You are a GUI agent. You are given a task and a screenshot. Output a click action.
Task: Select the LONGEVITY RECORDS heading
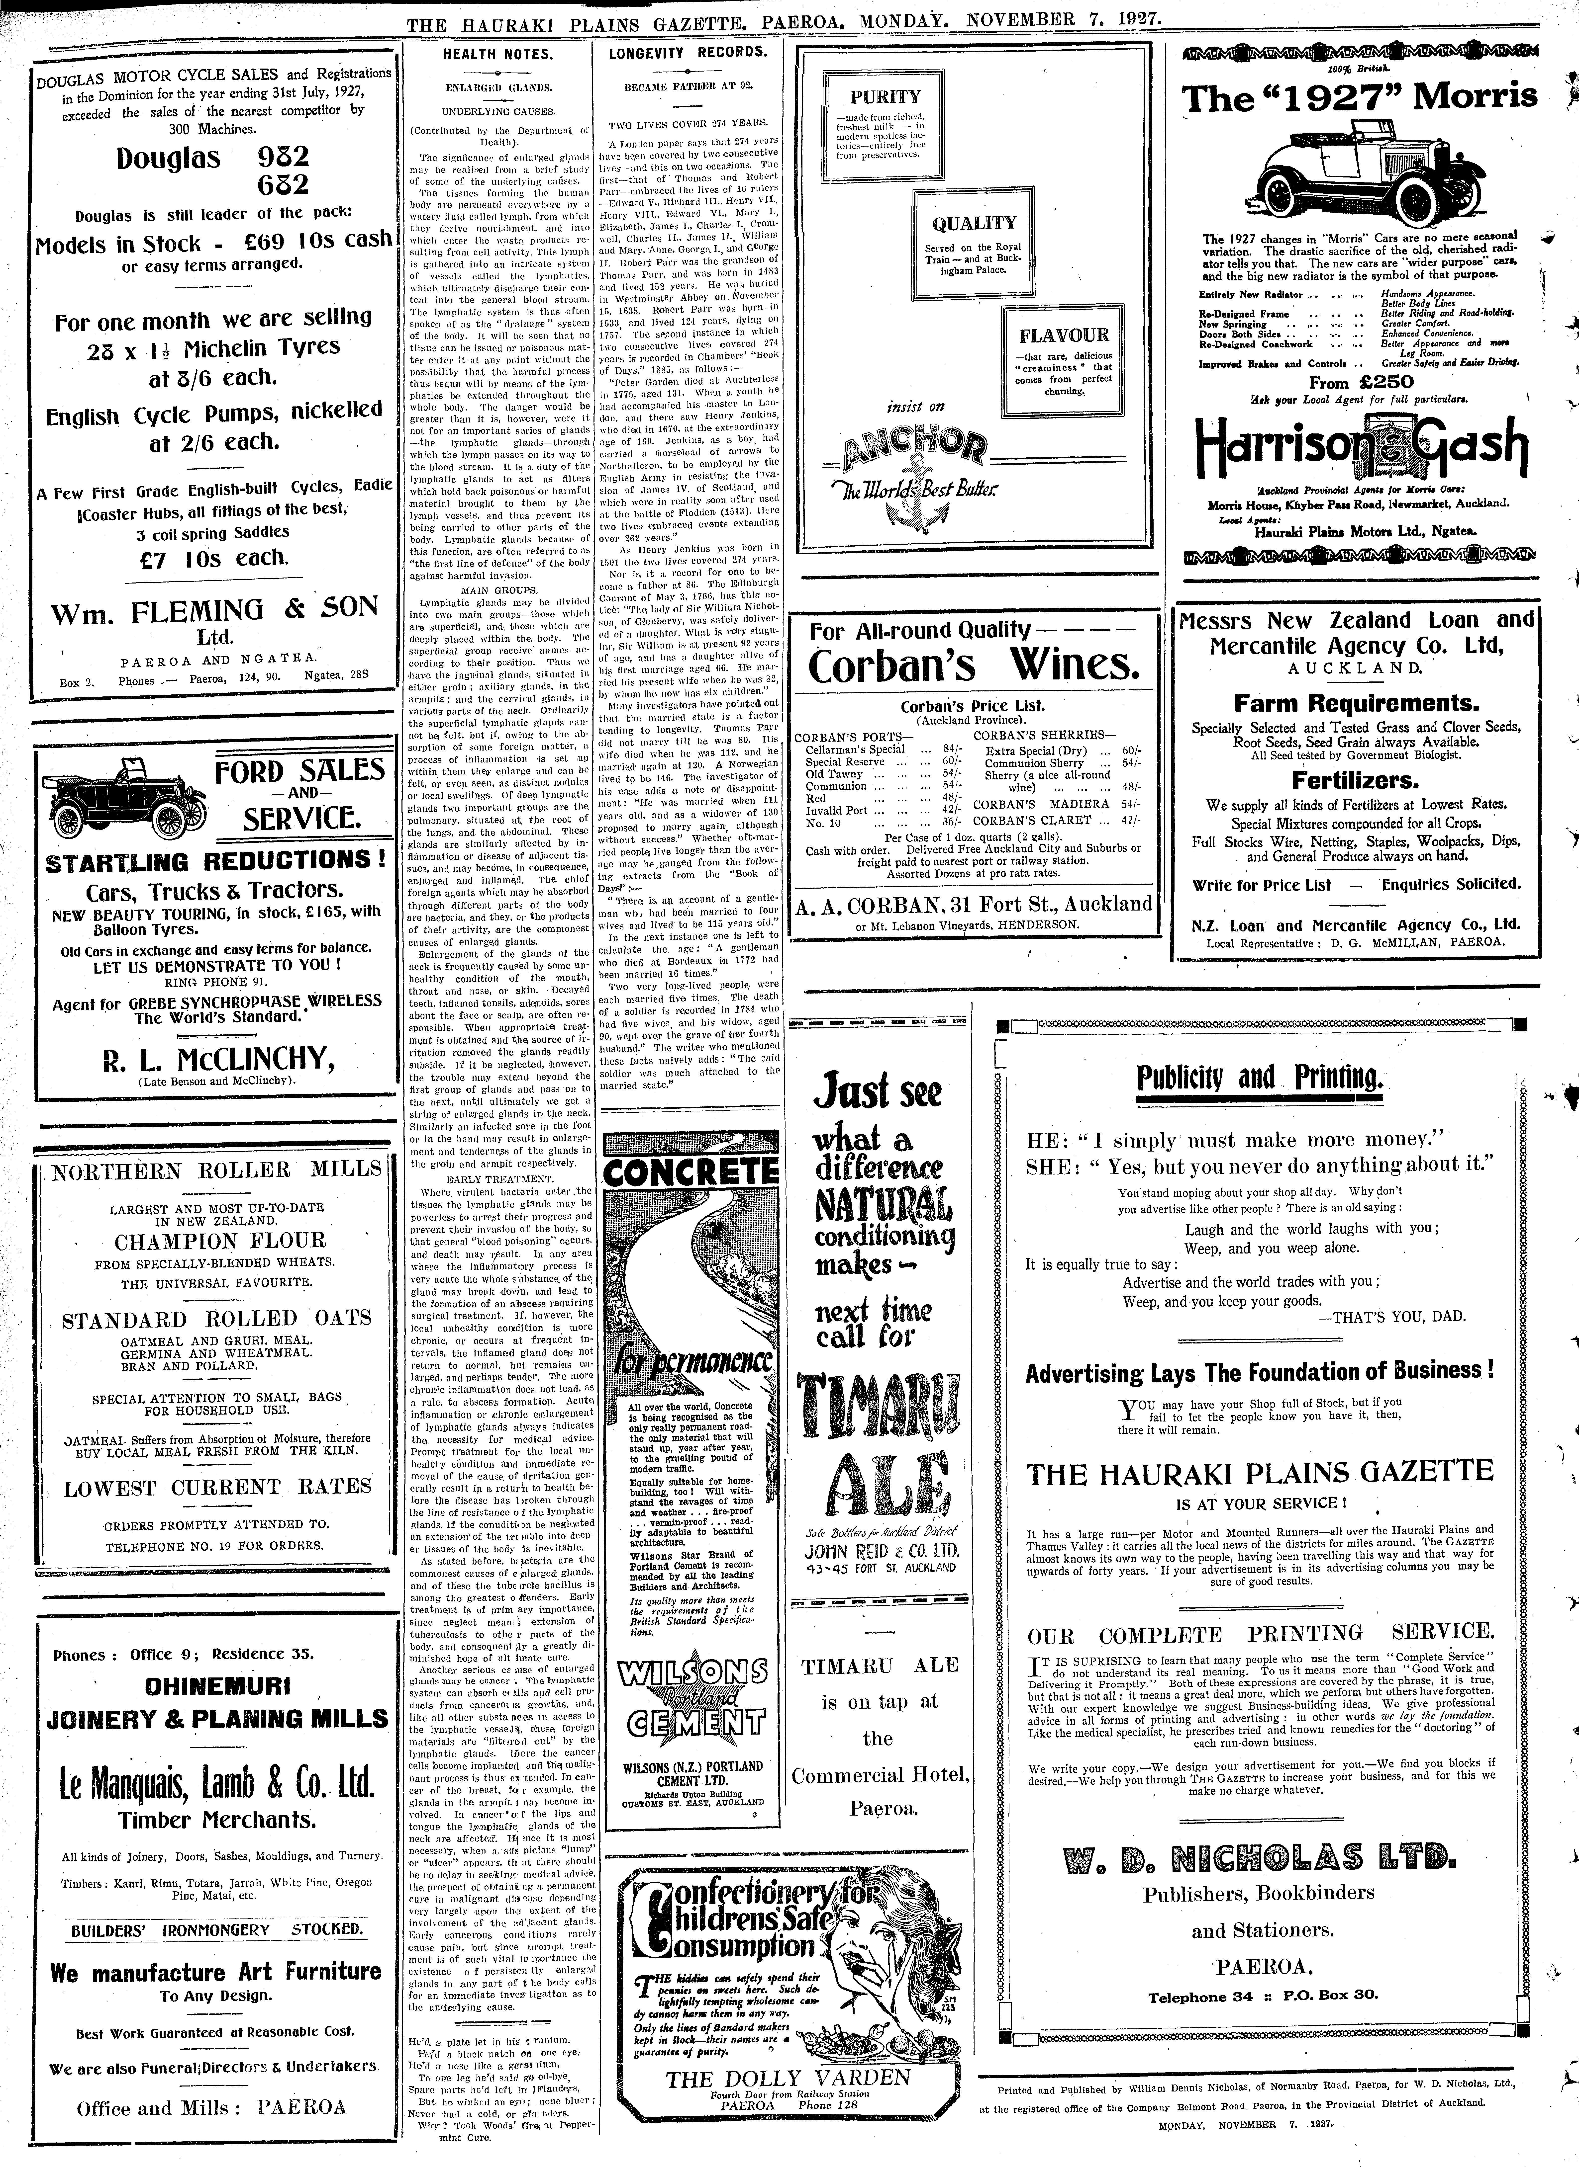coord(687,53)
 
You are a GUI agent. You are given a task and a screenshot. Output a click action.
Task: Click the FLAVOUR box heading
coord(1063,335)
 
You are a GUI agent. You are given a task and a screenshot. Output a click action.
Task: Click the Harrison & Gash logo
coord(1360,441)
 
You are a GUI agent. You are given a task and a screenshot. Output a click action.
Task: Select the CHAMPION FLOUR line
coord(220,1241)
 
